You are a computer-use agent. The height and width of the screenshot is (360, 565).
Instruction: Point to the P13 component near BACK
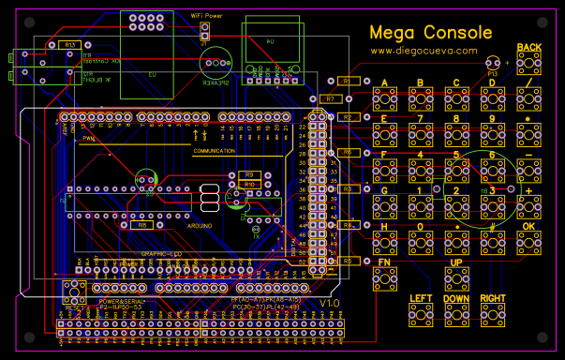point(493,64)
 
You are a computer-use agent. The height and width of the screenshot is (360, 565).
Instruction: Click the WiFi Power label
point(207,16)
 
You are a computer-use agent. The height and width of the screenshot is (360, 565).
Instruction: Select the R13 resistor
point(67,45)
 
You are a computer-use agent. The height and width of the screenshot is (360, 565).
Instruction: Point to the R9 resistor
point(248,175)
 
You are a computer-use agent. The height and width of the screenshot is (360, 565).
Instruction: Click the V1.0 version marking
point(328,305)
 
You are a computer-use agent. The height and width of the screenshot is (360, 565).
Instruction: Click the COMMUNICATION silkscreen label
point(215,151)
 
